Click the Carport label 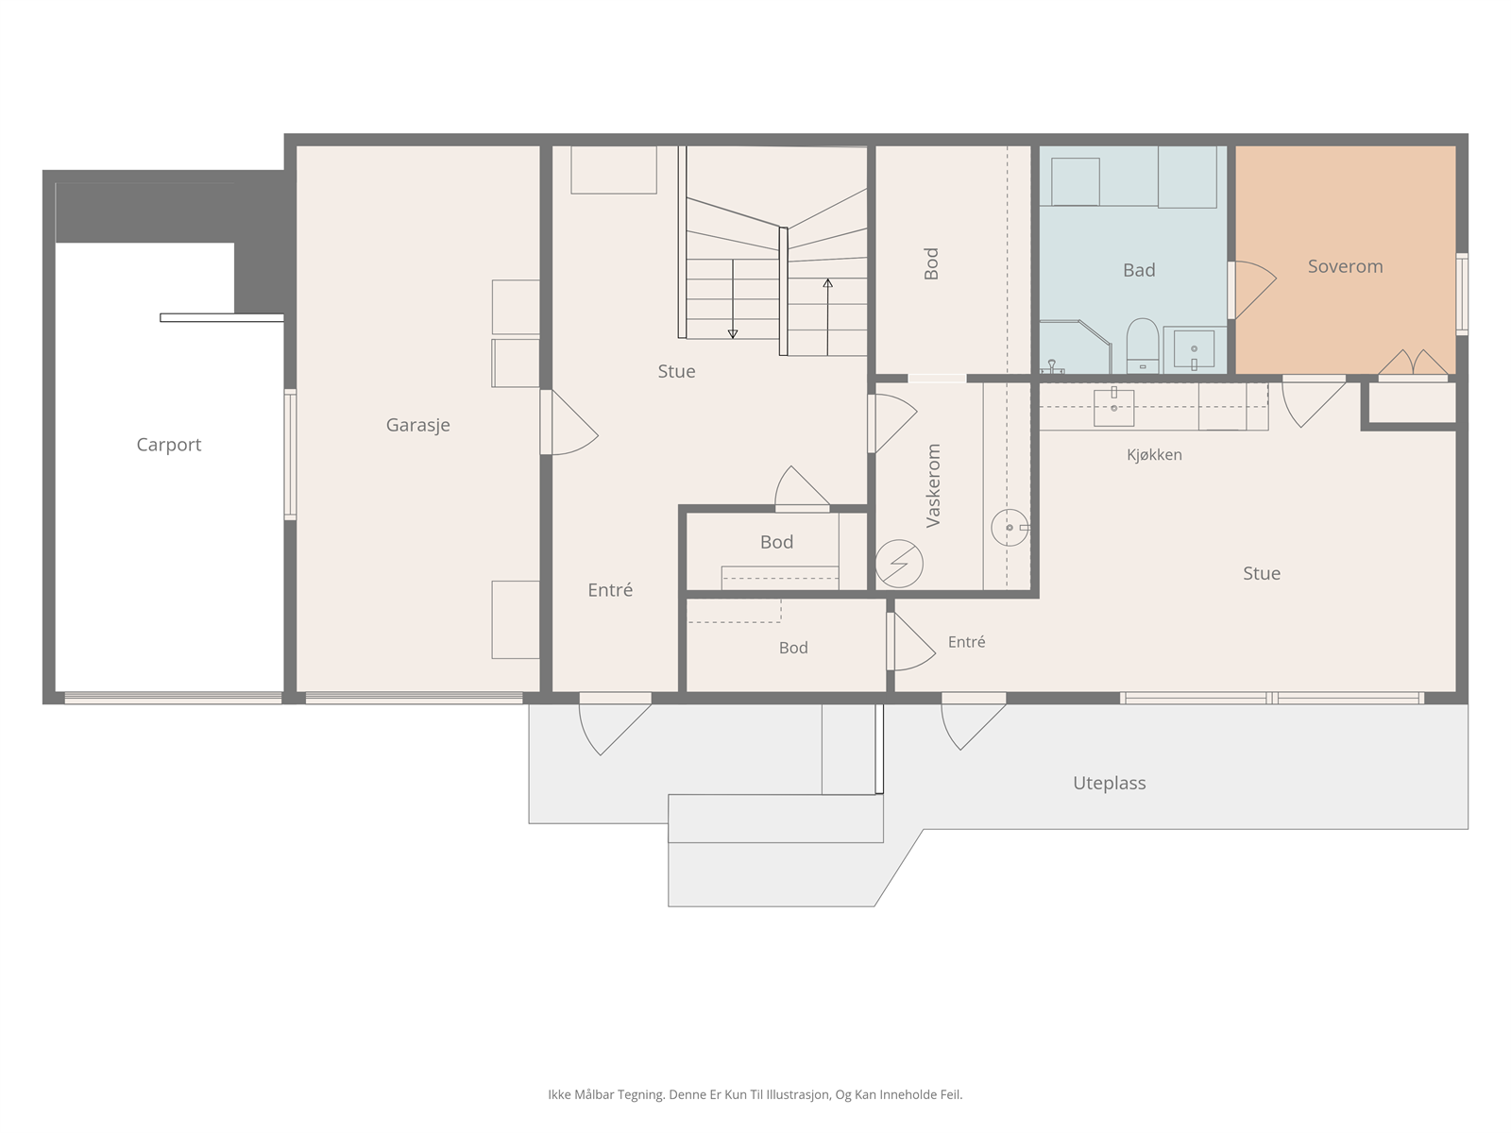click(x=169, y=445)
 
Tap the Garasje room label click(x=417, y=425)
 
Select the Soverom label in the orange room click(x=1345, y=266)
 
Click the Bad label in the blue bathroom click(x=1139, y=270)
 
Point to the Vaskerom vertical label click(x=933, y=485)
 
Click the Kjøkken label click(x=1154, y=455)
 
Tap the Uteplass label click(x=1109, y=783)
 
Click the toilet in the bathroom click(x=1142, y=346)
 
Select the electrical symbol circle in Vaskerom click(x=899, y=564)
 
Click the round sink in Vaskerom click(x=1010, y=528)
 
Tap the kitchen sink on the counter click(x=1113, y=407)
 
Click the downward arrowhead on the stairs click(x=733, y=334)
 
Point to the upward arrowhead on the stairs click(x=827, y=282)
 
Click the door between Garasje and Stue click(x=569, y=422)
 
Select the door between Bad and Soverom click(x=1251, y=290)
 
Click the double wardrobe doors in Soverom click(x=1413, y=364)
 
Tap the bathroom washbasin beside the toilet click(x=1194, y=350)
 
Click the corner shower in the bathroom click(x=1075, y=347)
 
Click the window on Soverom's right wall click(x=1462, y=295)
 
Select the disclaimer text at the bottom click(x=755, y=1094)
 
